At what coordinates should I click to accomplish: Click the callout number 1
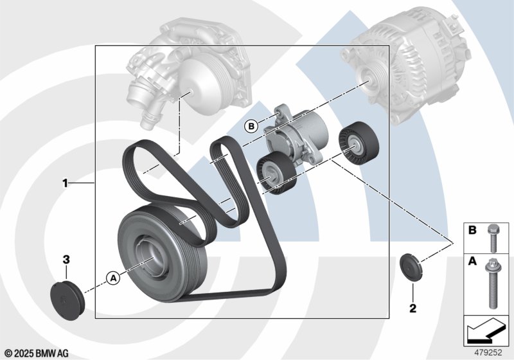[x=66, y=183]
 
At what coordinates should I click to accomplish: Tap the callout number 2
[x=412, y=308]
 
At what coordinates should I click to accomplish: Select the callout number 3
[x=66, y=260]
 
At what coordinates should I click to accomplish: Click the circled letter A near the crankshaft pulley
[x=114, y=278]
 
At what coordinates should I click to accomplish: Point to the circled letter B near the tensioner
[x=251, y=126]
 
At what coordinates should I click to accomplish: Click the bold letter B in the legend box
[x=472, y=230]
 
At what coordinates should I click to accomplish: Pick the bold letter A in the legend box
[x=472, y=261]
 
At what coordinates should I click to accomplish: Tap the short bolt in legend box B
[x=493, y=239]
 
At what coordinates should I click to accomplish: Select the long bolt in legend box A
[x=492, y=283]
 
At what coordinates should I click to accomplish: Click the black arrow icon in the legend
[x=485, y=331]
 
